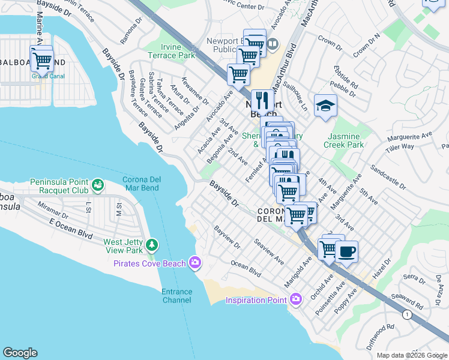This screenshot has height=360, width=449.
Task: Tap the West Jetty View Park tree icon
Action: [152, 245]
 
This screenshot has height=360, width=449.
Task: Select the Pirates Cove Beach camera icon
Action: [194, 262]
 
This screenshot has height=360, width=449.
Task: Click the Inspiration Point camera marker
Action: [295, 299]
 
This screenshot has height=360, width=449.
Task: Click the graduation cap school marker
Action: [325, 106]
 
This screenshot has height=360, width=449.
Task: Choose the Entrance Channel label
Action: [176, 296]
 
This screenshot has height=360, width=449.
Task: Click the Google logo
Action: [20, 353]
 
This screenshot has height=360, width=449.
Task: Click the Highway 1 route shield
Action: [408, 314]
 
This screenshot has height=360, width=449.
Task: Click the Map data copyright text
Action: [412, 355]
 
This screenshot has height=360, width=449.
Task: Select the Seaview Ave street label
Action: [268, 253]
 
